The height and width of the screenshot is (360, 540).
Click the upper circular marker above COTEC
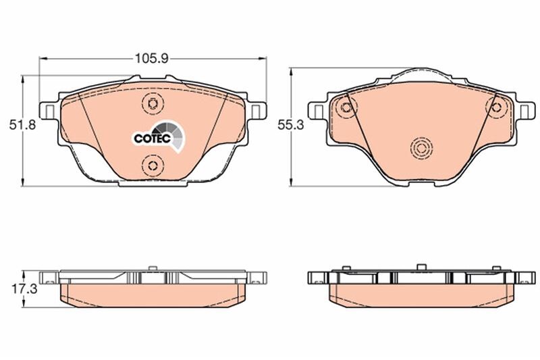pos(152,103)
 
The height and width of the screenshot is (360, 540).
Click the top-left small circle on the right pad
pos(346,106)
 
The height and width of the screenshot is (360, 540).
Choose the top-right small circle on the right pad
pos(499,106)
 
